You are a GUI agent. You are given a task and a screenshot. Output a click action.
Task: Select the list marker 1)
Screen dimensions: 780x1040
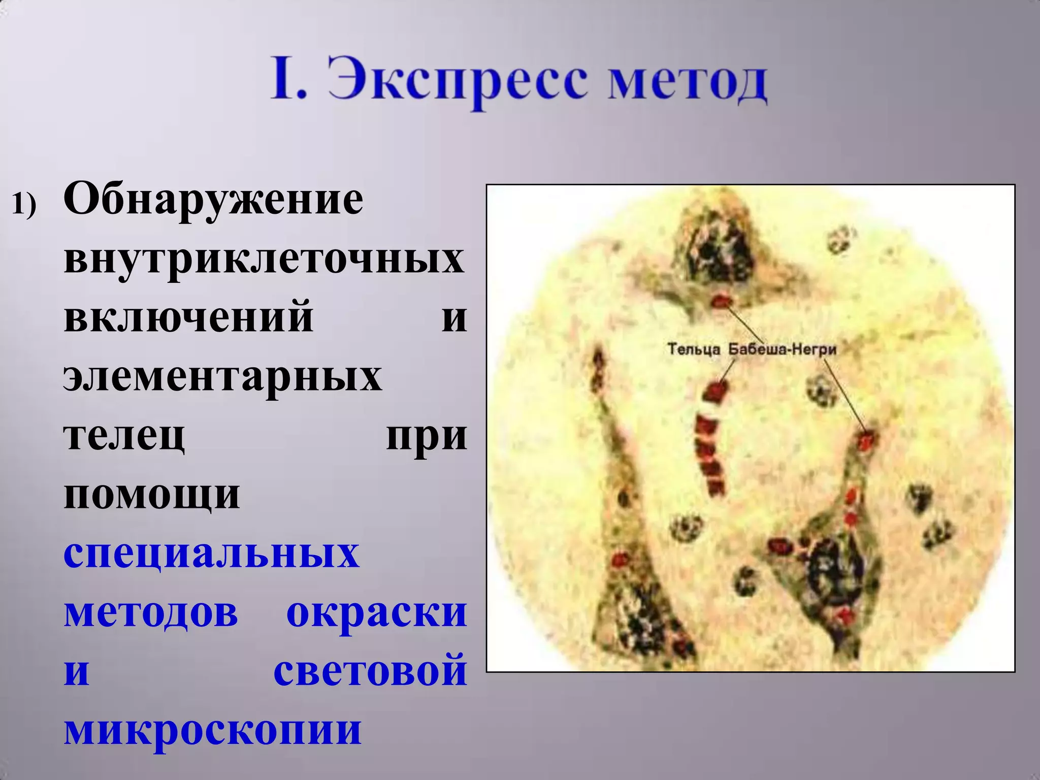(24, 204)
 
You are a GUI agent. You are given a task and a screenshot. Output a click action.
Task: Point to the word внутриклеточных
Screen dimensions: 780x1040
(264, 259)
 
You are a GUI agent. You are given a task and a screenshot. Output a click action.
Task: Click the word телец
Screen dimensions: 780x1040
(124, 435)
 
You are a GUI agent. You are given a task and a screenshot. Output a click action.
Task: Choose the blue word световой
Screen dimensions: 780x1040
(370, 670)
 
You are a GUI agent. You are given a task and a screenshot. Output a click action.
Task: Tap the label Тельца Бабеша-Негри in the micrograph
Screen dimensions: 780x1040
(752, 349)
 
